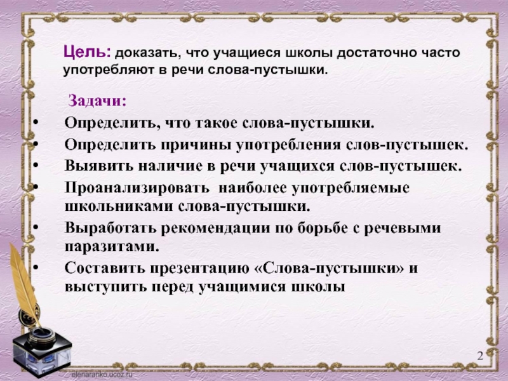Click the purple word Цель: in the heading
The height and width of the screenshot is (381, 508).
(88, 52)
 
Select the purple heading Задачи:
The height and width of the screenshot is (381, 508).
(98, 101)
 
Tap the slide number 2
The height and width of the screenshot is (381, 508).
(480, 356)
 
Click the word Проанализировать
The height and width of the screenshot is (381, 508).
(137, 189)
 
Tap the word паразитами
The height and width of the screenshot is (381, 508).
(112, 247)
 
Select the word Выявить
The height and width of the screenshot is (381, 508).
(99, 166)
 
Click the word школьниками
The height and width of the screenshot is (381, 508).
(119, 207)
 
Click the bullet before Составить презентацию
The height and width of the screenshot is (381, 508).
(36, 267)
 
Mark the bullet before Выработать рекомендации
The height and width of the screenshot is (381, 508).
(36, 227)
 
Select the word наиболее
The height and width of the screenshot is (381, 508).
(252, 189)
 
